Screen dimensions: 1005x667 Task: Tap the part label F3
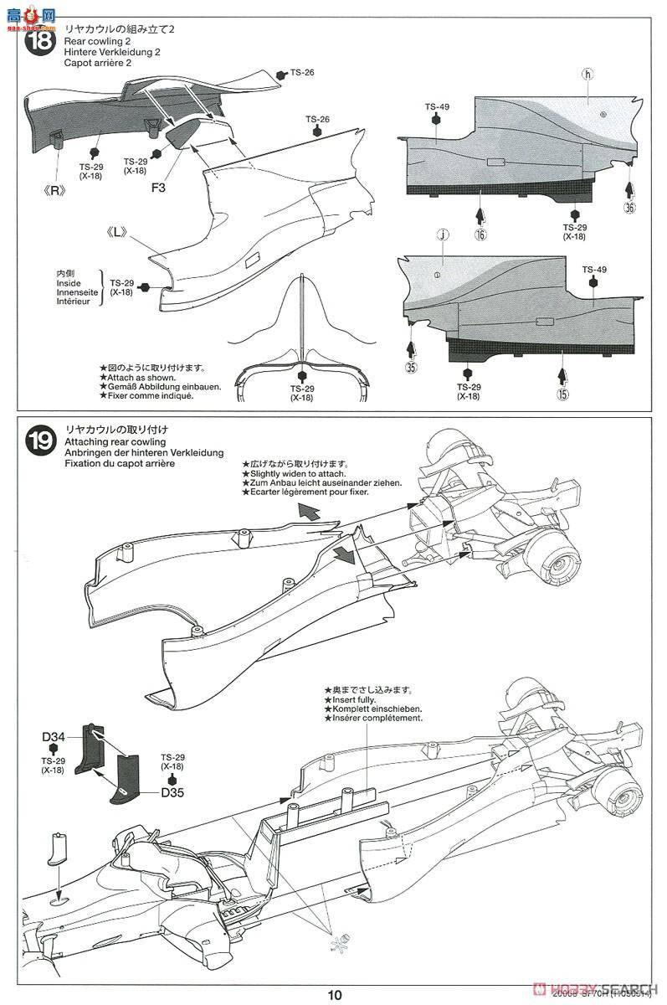tap(159, 188)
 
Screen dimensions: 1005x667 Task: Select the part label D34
tap(54, 737)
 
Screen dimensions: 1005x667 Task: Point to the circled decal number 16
tap(480, 235)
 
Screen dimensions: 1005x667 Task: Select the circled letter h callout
tap(587, 75)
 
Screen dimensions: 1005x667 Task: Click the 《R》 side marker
tap(57, 190)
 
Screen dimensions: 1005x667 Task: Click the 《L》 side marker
tap(116, 232)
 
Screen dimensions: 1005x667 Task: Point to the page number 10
tap(335, 995)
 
